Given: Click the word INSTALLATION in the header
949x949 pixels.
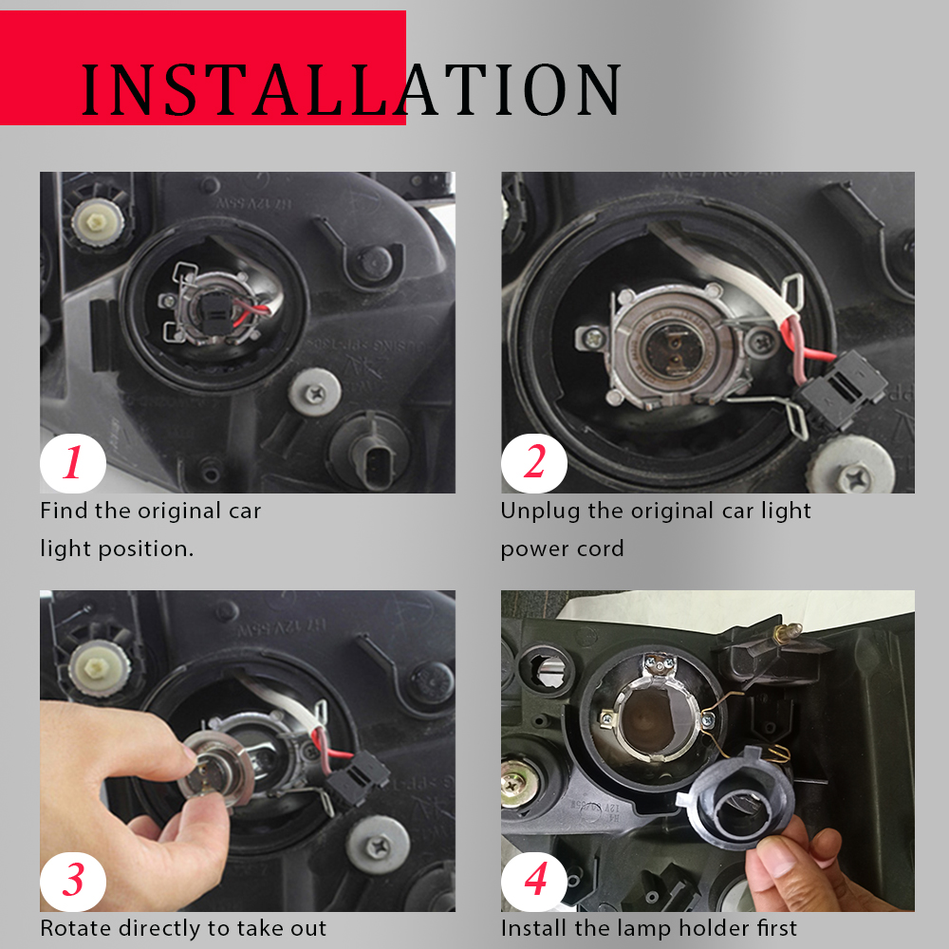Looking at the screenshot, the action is (351, 89).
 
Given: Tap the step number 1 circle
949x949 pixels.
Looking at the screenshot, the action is (73, 463).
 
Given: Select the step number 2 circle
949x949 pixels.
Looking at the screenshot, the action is (534, 463).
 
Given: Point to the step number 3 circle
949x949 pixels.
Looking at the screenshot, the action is (73, 881).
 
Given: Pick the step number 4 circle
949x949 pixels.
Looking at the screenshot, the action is (534, 881).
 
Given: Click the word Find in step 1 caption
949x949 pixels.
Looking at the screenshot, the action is (64, 511).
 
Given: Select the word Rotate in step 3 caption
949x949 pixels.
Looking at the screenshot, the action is (76, 928).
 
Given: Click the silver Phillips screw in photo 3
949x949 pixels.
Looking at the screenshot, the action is (380, 845).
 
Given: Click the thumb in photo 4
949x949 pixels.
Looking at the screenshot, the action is (781, 860).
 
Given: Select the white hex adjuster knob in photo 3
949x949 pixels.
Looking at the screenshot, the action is (98, 667).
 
